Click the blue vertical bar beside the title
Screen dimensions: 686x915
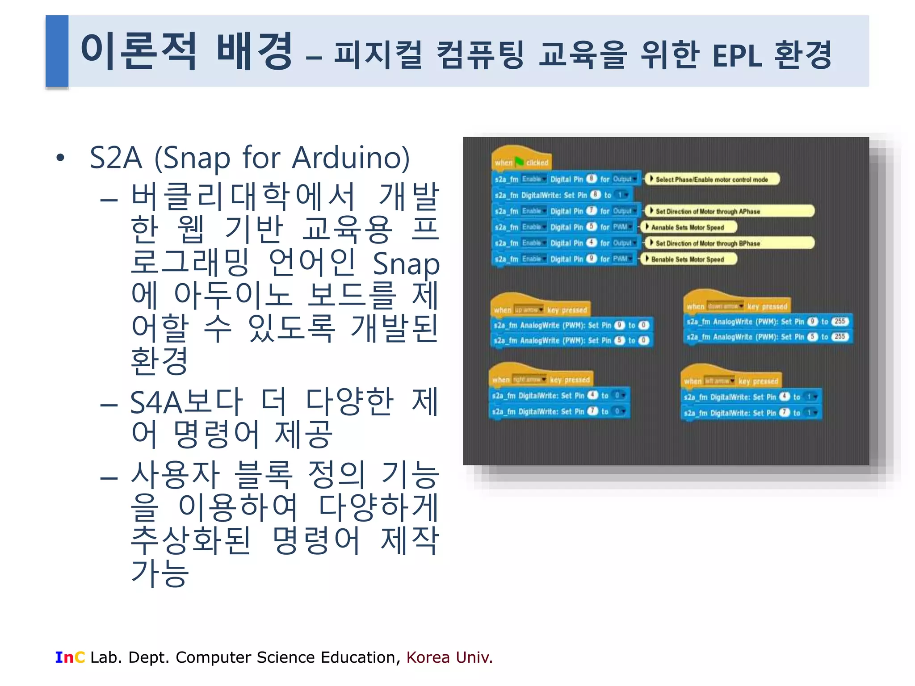click(57, 50)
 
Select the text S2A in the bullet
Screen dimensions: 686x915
click(116, 158)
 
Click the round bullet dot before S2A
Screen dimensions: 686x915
click(60, 158)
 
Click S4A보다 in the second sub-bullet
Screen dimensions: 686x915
click(186, 402)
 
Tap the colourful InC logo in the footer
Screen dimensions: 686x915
click(70, 657)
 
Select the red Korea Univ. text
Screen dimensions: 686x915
click(449, 657)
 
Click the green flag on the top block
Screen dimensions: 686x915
click(519, 162)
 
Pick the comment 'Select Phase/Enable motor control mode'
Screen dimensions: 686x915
click(712, 180)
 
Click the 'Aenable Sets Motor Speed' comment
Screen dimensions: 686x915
click(688, 227)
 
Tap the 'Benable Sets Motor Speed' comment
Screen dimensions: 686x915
click(688, 259)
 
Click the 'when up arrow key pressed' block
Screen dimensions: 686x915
click(540, 309)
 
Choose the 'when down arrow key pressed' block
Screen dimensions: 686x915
click(737, 306)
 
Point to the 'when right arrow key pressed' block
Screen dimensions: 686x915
click(541, 380)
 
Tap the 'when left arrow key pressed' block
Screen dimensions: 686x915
click(731, 381)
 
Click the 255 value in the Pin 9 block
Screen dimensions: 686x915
click(839, 321)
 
